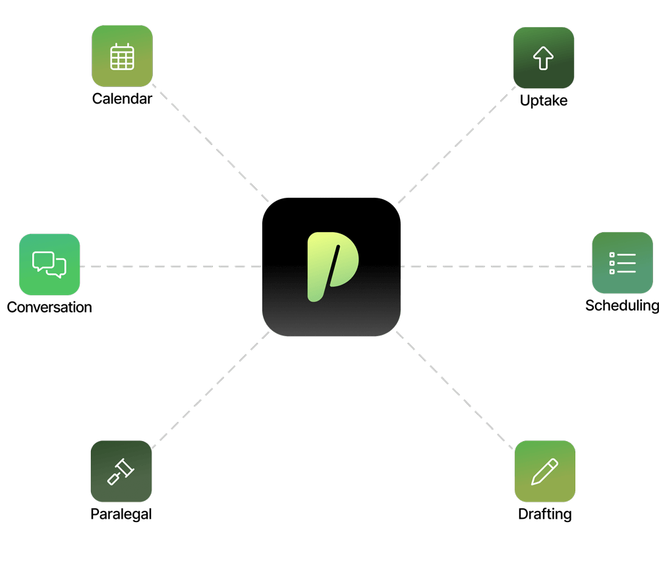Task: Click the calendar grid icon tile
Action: pos(122,56)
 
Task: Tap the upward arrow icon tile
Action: pos(544,57)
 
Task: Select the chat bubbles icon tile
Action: pos(49,264)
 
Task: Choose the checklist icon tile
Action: pos(622,262)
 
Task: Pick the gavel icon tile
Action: pos(121,471)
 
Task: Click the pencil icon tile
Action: pos(545,471)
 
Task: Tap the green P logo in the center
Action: pos(331,266)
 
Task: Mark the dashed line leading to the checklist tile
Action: pos(496,266)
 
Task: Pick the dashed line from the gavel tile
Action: pos(211,390)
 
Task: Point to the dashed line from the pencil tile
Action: pos(455,390)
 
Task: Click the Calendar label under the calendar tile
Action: pos(123,100)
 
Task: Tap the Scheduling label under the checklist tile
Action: pos(621,305)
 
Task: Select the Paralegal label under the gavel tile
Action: pos(121,514)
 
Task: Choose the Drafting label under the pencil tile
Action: pos(544,514)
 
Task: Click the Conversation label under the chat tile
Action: pos(49,307)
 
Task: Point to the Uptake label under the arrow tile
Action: pos(544,101)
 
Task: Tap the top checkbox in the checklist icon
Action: pos(612,254)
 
